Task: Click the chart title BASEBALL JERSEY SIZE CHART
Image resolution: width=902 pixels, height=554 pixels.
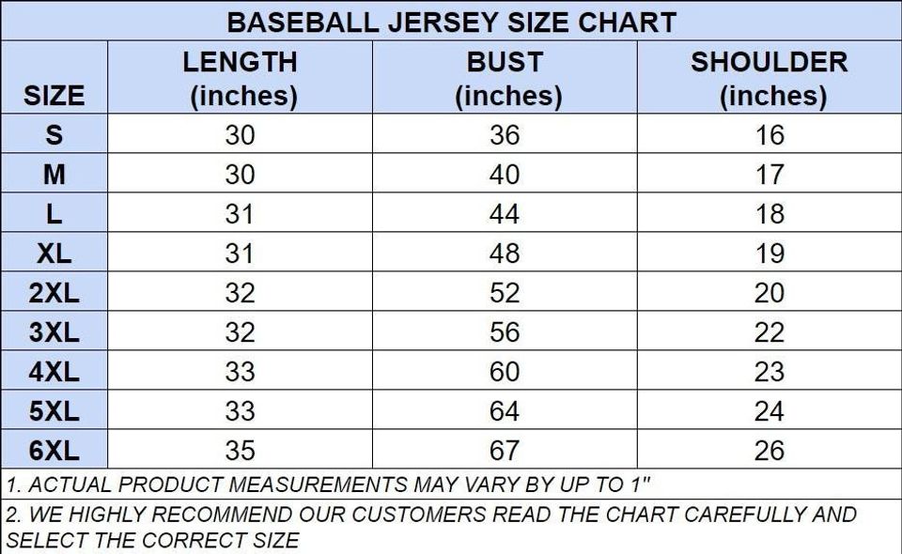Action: point(451,22)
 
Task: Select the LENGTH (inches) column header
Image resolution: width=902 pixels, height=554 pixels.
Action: point(240,78)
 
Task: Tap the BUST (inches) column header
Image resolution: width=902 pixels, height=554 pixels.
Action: point(505,78)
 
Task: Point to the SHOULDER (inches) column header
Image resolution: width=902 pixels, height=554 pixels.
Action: point(769,78)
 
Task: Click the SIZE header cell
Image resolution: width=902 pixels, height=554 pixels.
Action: point(54,95)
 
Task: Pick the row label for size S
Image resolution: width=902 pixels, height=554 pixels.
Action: point(54,135)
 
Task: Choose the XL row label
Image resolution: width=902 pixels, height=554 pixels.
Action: point(54,254)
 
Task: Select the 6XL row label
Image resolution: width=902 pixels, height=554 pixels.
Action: point(54,451)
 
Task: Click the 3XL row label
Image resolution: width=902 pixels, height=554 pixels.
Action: point(54,332)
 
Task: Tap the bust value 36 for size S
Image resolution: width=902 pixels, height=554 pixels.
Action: point(505,135)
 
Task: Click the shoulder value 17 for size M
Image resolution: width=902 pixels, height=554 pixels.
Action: point(769,175)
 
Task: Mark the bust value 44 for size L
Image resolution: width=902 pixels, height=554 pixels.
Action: point(505,214)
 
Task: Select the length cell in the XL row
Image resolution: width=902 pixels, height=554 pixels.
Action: point(240,254)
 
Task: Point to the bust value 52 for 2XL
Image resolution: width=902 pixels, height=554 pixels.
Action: point(505,293)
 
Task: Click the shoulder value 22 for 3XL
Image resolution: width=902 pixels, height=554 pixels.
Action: point(769,332)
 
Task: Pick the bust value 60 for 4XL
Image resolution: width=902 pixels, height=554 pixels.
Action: point(505,372)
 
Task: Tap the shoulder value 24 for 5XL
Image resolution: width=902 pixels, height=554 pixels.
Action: point(769,411)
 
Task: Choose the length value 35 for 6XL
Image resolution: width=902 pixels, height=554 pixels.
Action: point(240,451)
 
